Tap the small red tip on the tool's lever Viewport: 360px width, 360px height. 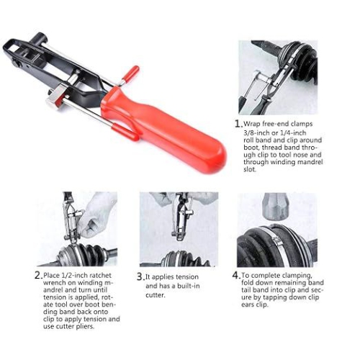click(x=130, y=72)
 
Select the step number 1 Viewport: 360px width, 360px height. click(x=238, y=124)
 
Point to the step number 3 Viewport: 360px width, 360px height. click(x=140, y=276)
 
